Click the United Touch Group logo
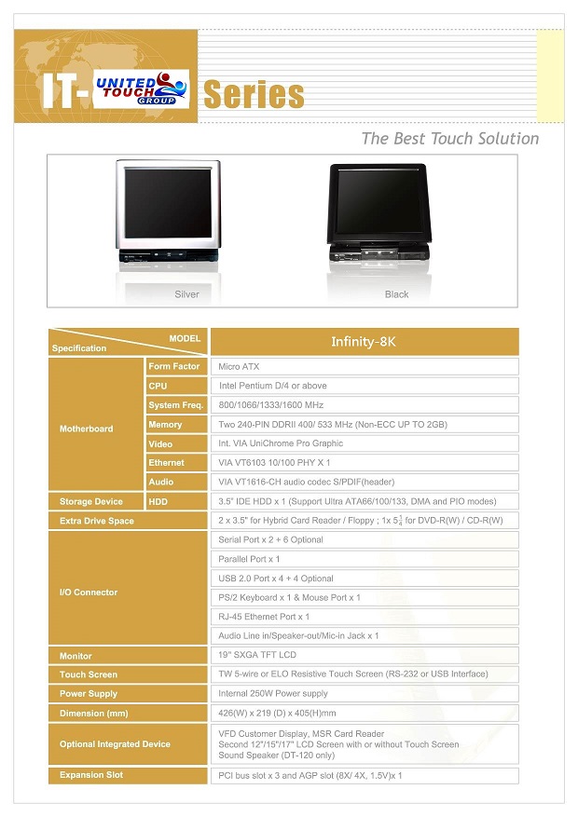click(x=142, y=89)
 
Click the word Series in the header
click(x=254, y=95)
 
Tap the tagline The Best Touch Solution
click(x=450, y=139)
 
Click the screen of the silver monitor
click(x=168, y=202)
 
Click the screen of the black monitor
click(x=379, y=201)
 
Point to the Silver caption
click(x=186, y=294)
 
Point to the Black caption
click(x=396, y=294)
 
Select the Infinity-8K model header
click(x=365, y=342)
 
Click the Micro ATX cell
click(x=365, y=366)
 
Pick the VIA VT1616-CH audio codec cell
click(x=365, y=482)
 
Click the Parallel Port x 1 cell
click(x=365, y=559)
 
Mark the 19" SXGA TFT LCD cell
click(x=365, y=655)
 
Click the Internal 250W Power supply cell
click(x=365, y=693)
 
